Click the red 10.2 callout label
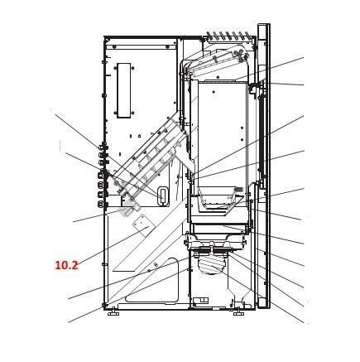pyautogui.click(x=66, y=265)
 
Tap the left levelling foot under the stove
pyautogui.click(x=113, y=313)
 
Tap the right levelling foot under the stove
pyautogui.click(x=238, y=313)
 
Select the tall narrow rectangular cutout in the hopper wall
pyautogui.click(x=124, y=90)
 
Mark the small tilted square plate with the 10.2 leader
pyautogui.click(x=142, y=225)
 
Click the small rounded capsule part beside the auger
pyautogui.click(x=163, y=195)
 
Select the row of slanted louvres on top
pyautogui.click(x=228, y=36)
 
